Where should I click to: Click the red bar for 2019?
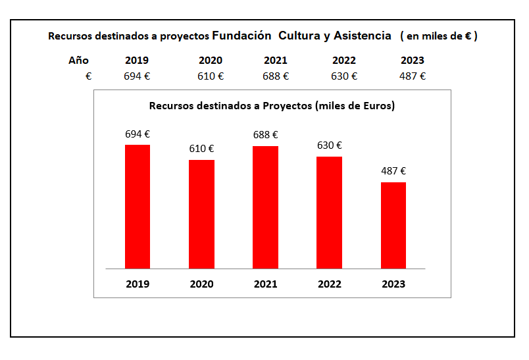pos(138,207)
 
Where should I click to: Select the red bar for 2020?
pos(201,214)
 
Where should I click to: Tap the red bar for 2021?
pos(265,207)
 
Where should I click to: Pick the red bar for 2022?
pos(329,213)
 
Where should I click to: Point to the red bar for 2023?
pos(393,225)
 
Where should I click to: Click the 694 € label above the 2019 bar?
pos(138,134)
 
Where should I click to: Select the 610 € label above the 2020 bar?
pos(201,149)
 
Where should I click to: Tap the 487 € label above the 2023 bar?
pos(393,171)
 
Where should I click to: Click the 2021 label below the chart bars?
pos(265,284)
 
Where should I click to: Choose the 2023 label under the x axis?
pos(393,284)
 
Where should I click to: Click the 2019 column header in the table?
pos(137,61)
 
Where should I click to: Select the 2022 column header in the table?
pos(344,61)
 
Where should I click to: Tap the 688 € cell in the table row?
pos(276,76)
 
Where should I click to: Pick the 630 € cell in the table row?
pos(344,76)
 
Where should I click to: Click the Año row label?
pos(78,61)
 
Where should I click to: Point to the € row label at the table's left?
pos(88,76)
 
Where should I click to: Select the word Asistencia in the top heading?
pos(363,36)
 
